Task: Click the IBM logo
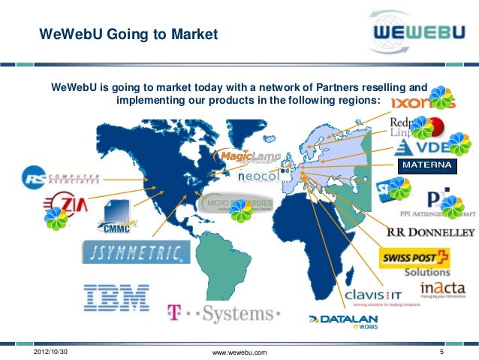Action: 116,298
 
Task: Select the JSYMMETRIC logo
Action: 135,251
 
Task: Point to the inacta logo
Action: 442,289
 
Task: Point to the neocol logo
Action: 259,177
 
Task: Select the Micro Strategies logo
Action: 239,204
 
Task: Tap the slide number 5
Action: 443,352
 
